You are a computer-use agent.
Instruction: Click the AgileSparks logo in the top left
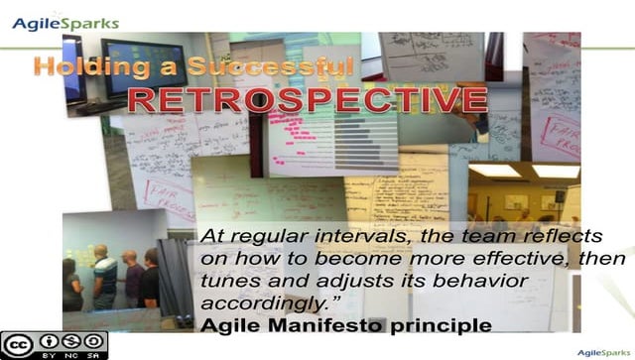coord(65,23)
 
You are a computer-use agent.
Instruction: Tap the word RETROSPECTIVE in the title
coord(307,101)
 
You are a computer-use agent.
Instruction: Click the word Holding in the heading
coord(80,67)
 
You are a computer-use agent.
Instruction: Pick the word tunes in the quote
coord(228,282)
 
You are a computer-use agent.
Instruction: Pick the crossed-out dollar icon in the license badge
coord(67,340)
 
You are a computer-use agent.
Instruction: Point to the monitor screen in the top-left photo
coord(140,63)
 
